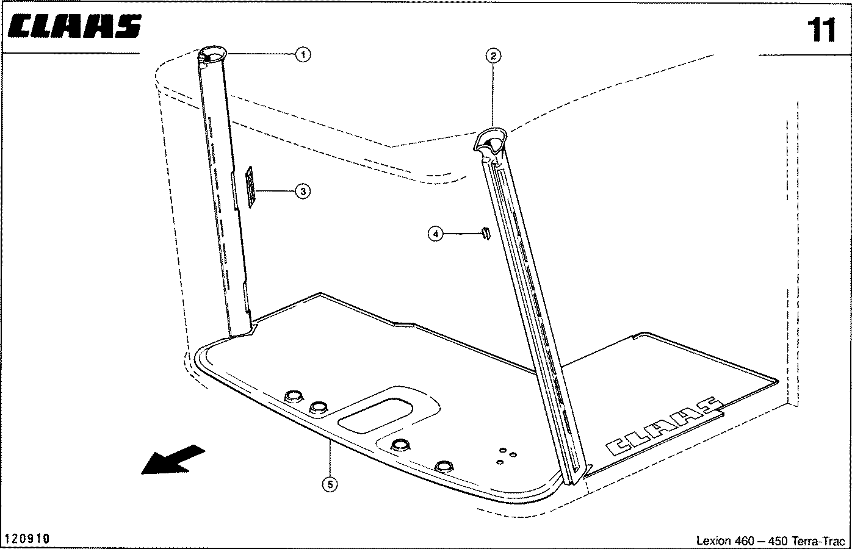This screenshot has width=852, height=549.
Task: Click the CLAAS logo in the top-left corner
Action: point(75,26)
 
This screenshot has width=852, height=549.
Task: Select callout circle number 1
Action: point(303,54)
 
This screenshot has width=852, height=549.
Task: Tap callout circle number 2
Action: point(493,56)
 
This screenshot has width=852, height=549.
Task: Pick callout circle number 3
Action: point(303,192)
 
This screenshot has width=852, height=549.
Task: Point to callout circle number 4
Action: point(436,234)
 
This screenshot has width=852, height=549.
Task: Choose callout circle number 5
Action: point(330,484)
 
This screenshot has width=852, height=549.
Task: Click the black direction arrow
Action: point(173,460)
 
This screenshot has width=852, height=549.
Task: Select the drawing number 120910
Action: point(28,539)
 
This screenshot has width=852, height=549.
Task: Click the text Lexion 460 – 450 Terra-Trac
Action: point(771,540)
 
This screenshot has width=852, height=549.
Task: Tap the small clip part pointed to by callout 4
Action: point(486,232)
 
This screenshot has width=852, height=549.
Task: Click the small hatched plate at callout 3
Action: point(250,187)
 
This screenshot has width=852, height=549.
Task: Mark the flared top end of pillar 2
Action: point(491,142)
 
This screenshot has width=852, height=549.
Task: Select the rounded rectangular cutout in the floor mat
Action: point(375,415)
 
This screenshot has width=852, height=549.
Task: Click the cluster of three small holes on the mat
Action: point(507,456)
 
